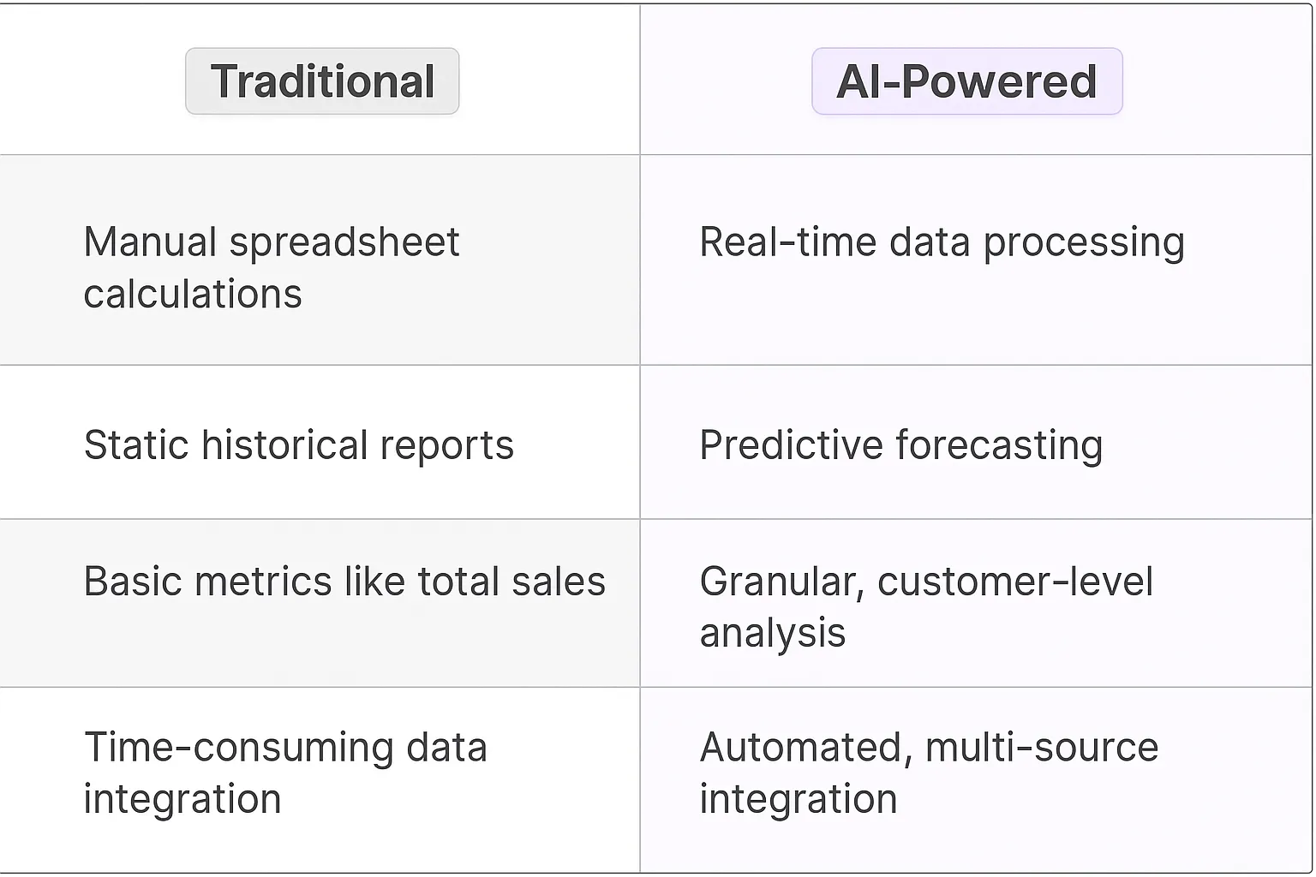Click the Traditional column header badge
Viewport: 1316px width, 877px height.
pyautogui.click(x=322, y=81)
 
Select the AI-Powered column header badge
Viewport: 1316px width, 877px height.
pyautogui.click(x=966, y=81)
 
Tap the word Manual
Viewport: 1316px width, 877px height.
pyautogui.click(x=150, y=242)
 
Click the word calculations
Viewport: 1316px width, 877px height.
pyautogui.click(x=193, y=295)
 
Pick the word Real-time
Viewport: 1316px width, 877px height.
pyautogui.click(x=788, y=242)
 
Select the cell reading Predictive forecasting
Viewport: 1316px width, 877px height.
pyautogui.click(x=900, y=445)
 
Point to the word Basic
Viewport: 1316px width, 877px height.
pyautogui.click(x=133, y=582)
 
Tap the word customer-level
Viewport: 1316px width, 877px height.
pyautogui.click(x=1015, y=582)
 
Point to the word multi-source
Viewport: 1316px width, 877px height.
pyautogui.click(x=1042, y=748)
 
